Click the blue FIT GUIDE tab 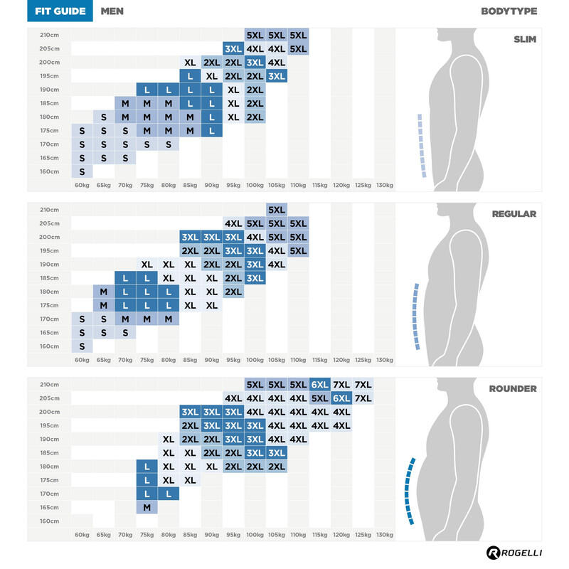point(60,11)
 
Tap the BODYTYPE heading point(509,11)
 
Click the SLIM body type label point(525,39)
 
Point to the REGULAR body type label point(513,214)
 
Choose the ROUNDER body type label point(512,389)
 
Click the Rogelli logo point(511,553)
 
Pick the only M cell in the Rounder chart point(147,507)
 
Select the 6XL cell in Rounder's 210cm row point(319,385)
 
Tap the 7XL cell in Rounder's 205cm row point(363,398)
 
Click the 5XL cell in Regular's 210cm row point(276,210)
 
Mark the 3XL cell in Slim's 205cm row point(233,49)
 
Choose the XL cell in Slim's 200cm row point(190,63)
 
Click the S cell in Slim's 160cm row point(82,171)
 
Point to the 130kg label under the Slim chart point(384,186)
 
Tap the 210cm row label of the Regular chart point(49,210)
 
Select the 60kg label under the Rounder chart point(82,535)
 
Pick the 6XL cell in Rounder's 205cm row point(341,398)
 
